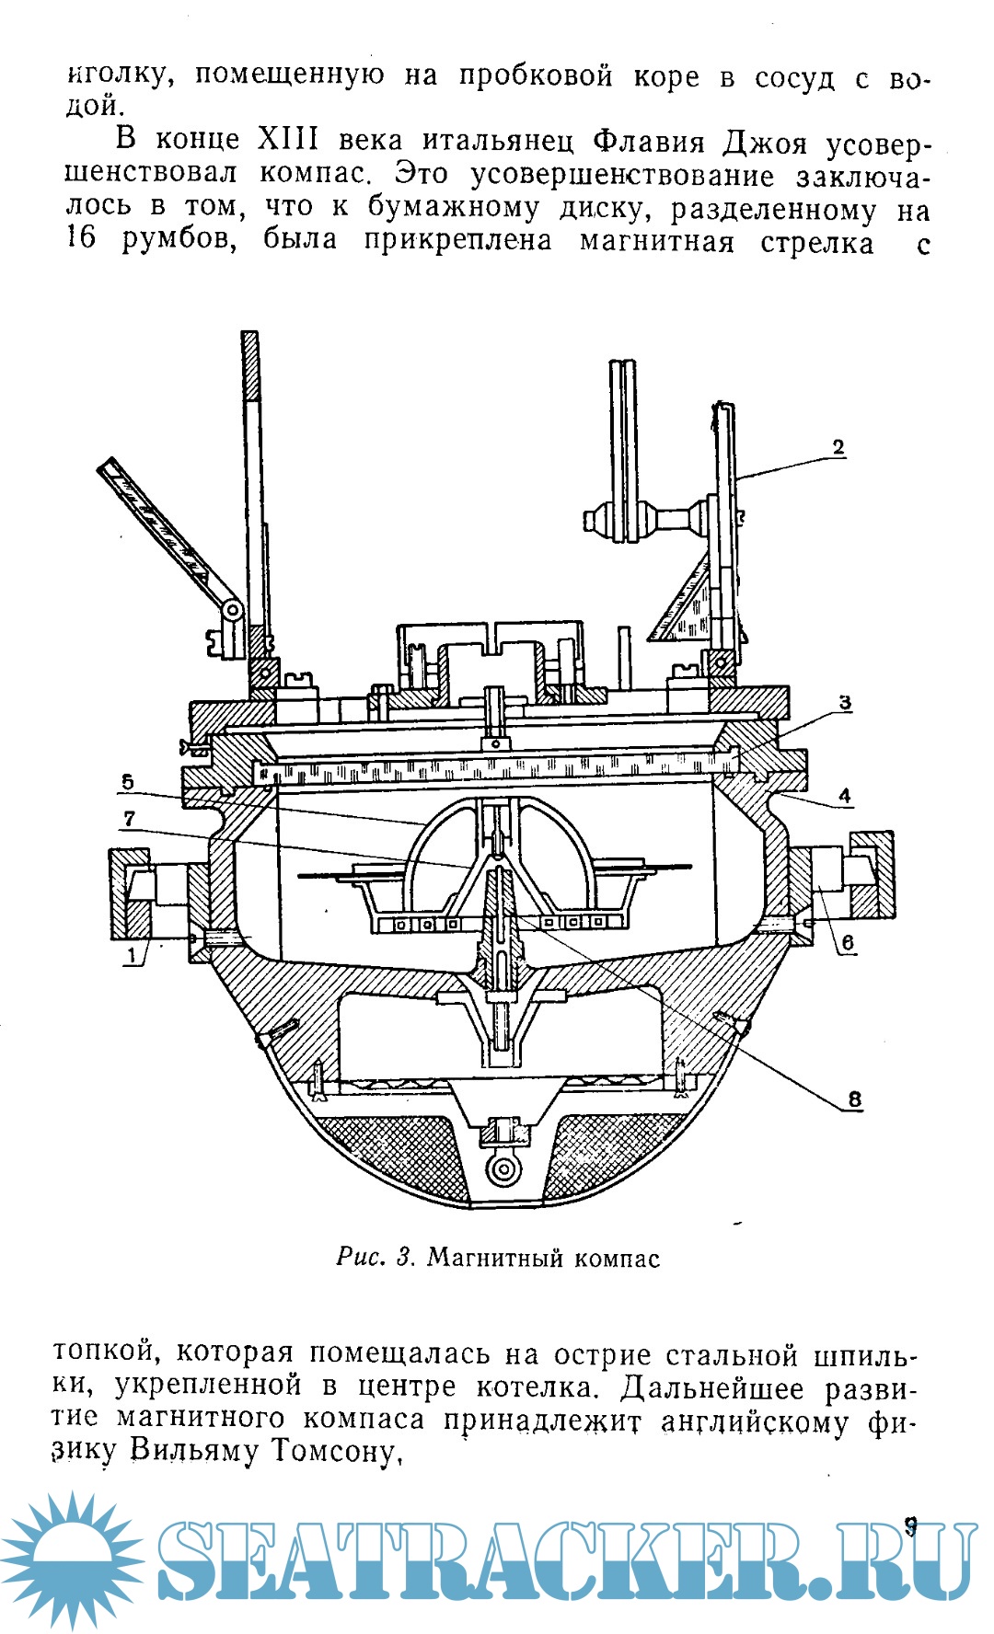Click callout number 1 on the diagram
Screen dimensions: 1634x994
[133, 956]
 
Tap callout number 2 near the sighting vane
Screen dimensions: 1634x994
[838, 448]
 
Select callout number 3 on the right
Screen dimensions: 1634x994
[844, 703]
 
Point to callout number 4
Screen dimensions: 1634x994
[844, 797]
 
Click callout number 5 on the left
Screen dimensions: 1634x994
[127, 782]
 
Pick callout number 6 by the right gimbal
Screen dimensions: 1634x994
[847, 942]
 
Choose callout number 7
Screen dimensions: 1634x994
[129, 818]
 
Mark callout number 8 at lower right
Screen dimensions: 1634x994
[854, 1099]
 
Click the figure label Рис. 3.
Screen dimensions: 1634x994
[377, 1258]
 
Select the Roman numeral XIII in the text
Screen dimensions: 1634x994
[287, 140]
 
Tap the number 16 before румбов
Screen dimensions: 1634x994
[82, 241]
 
